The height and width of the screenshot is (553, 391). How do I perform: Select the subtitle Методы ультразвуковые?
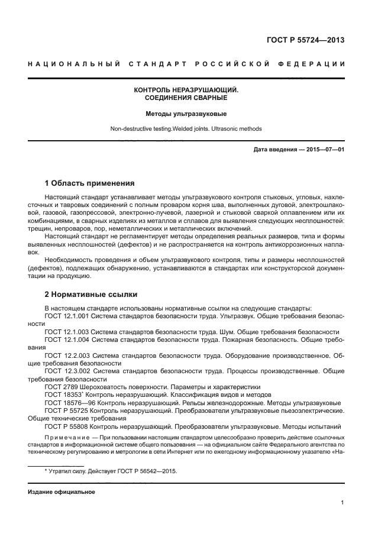pos(186,113)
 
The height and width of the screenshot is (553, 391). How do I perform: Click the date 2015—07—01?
pos(324,150)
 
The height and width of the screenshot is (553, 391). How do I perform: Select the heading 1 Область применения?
pos(89,183)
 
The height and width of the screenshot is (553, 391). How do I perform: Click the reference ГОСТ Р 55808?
pos(66,425)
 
